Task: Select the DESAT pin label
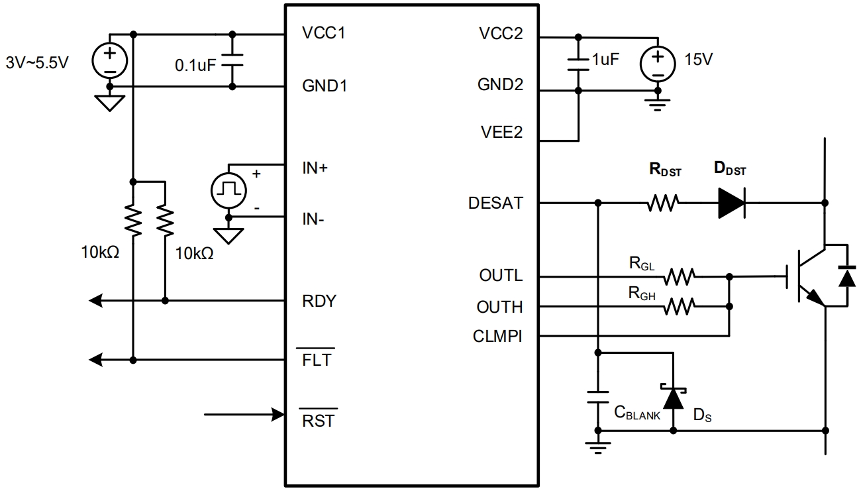[495, 203]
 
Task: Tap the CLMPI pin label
[498, 337]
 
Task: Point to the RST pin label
[319, 420]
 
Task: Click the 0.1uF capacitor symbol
[232, 60]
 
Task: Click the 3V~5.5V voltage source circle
[109, 61]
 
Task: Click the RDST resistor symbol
[664, 203]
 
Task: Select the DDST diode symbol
[731, 203]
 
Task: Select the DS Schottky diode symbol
[674, 398]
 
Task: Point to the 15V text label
[699, 59]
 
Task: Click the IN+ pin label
[315, 168]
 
